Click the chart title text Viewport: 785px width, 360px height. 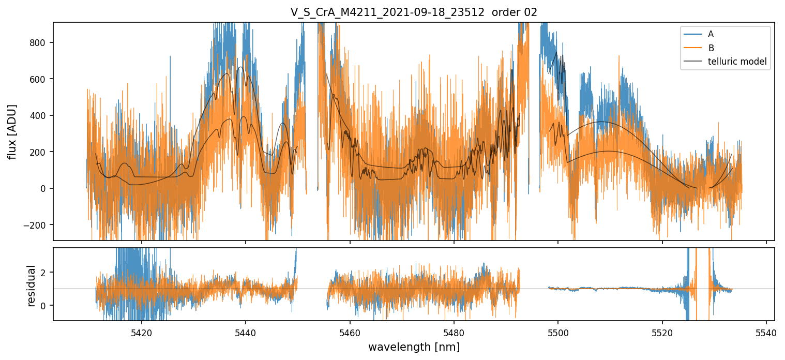[x=414, y=12]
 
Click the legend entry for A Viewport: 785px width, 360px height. [x=711, y=34]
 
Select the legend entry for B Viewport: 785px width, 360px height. [x=711, y=48]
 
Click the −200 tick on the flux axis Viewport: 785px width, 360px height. [x=37, y=225]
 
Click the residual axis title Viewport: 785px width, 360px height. [x=31, y=286]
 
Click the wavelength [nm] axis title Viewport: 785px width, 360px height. [x=414, y=347]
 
